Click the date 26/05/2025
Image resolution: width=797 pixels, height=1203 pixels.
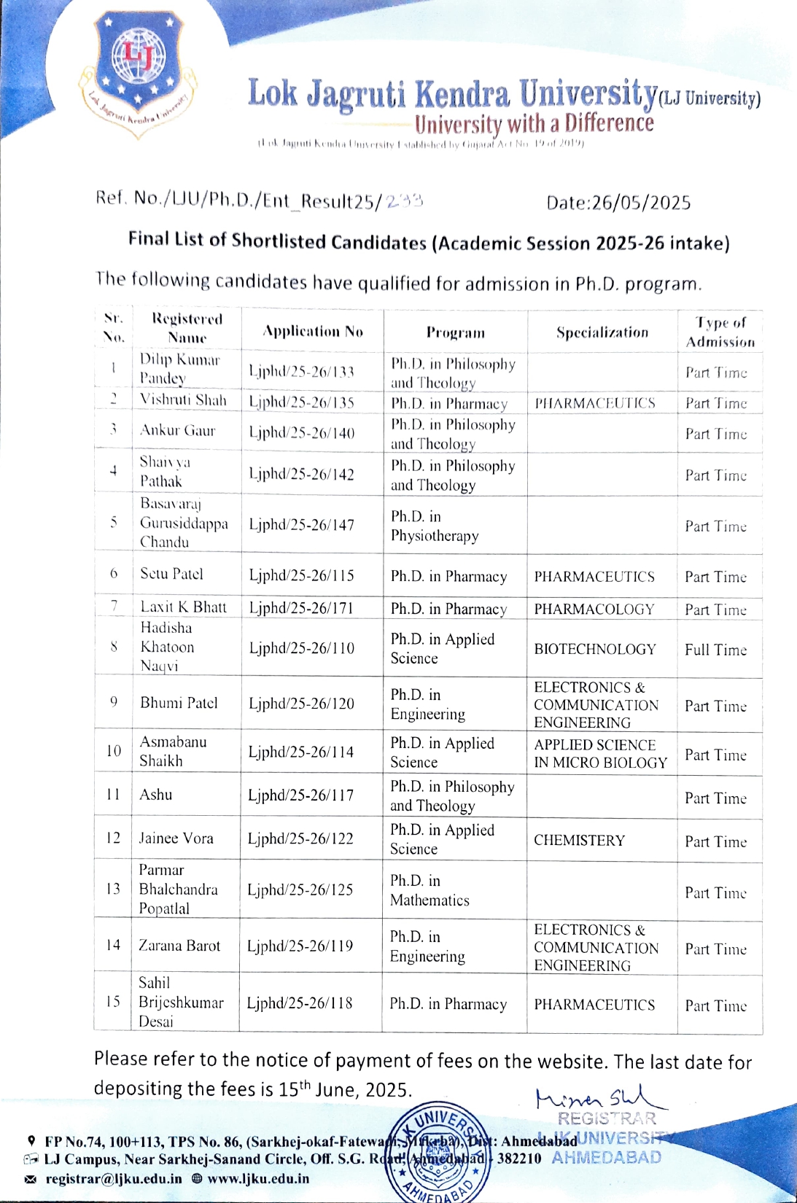point(618,203)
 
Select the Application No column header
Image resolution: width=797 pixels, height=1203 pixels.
point(313,332)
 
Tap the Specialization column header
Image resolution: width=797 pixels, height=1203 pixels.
point(602,332)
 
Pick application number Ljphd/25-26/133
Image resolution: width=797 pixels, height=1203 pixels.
point(302,372)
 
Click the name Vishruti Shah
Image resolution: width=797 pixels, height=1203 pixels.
point(183,400)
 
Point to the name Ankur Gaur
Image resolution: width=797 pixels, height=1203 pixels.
point(178,431)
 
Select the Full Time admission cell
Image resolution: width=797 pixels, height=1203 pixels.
point(715,650)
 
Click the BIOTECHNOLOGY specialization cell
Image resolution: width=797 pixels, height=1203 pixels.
point(595,649)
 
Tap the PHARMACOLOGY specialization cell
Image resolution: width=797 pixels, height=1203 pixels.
point(594,609)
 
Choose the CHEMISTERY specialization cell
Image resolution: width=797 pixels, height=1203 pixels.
point(579,841)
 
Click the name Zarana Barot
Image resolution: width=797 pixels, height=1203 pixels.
point(179,946)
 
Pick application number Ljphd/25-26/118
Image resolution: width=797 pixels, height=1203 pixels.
point(300,1003)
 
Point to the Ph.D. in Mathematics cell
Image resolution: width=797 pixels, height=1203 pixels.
point(429,890)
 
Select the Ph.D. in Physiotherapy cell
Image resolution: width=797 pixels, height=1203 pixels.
point(435,526)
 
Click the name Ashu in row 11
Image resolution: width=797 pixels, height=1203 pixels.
point(156,795)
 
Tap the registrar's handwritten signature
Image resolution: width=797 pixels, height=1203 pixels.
point(599,1097)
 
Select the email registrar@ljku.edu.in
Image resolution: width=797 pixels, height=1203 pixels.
point(114,1178)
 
